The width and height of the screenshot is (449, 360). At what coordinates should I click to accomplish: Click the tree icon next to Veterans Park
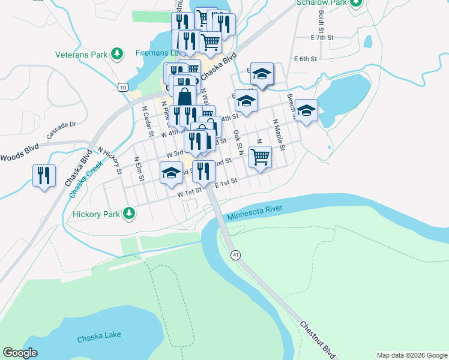pyautogui.click(x=118, y=55)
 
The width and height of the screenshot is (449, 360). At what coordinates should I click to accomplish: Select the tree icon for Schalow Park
pyautogui.click(x=356, y=2)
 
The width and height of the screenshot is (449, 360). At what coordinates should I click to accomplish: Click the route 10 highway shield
pyautogui.click(x=122, y=88)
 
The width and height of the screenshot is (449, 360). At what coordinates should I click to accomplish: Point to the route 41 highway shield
pyautogui.click(x=236, y=255)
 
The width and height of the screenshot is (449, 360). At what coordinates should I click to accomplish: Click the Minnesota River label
pyautogui.click(x=255, y=212)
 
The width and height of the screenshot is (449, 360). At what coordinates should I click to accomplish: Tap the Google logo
pyautogui.click(x=20, y=353)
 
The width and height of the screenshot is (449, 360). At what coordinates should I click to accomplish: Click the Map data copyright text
pyautogui.click(x=412, y=355)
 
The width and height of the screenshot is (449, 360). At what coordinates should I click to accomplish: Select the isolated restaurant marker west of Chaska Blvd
pyautogui.click(x=44, y=175)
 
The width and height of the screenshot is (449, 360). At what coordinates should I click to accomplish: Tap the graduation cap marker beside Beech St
pyautogui.click(x=306, y=110)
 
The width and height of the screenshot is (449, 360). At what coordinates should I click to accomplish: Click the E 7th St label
pyautogui.click(x=322, y=38)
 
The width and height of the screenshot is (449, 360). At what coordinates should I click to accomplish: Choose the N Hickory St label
pyautogui.click(x=110, y=161)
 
